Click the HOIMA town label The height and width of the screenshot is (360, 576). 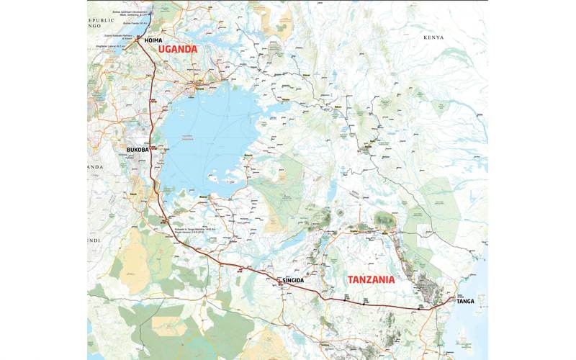click(153, 41)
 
